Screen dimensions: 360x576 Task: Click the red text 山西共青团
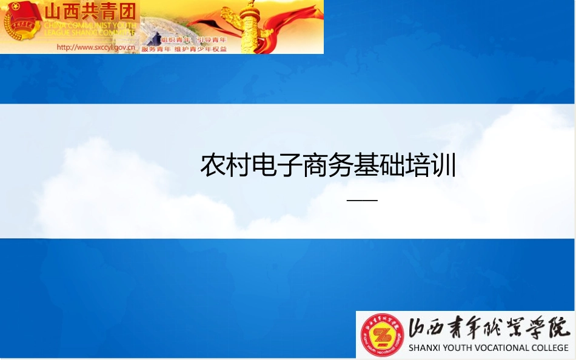click(89, 12)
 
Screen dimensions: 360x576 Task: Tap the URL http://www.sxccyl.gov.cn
click(95, 47)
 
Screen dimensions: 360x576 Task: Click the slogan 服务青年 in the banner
click(156, 48)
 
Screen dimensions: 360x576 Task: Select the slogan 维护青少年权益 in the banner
click(201, 48)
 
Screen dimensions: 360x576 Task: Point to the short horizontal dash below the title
click(362, 200)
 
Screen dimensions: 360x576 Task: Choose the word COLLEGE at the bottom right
click(549, 348)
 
